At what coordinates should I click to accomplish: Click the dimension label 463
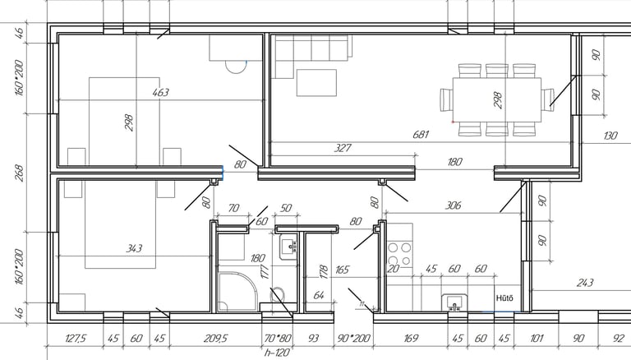tap(160, 93)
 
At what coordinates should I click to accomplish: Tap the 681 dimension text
tap(422, 134)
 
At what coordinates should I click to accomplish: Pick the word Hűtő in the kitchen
tap(504, 298)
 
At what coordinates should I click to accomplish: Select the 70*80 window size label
tap(278, 337)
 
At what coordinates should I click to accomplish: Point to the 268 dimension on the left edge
tap(19, 173)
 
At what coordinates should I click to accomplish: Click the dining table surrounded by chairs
tap(496, 99)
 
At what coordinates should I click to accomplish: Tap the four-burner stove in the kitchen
tap(399, 247)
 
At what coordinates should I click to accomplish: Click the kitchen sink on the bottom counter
tap(453, 302)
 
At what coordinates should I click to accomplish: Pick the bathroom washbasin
tap(288, 247)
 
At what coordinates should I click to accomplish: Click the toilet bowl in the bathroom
tap(279, 295)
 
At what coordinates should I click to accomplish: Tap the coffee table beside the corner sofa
tap(316, 82)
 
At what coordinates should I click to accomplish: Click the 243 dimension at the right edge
tap(584, 283)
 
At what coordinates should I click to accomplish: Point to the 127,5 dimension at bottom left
tap(75, 337)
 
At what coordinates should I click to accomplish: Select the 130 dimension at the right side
tap(610, 136)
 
